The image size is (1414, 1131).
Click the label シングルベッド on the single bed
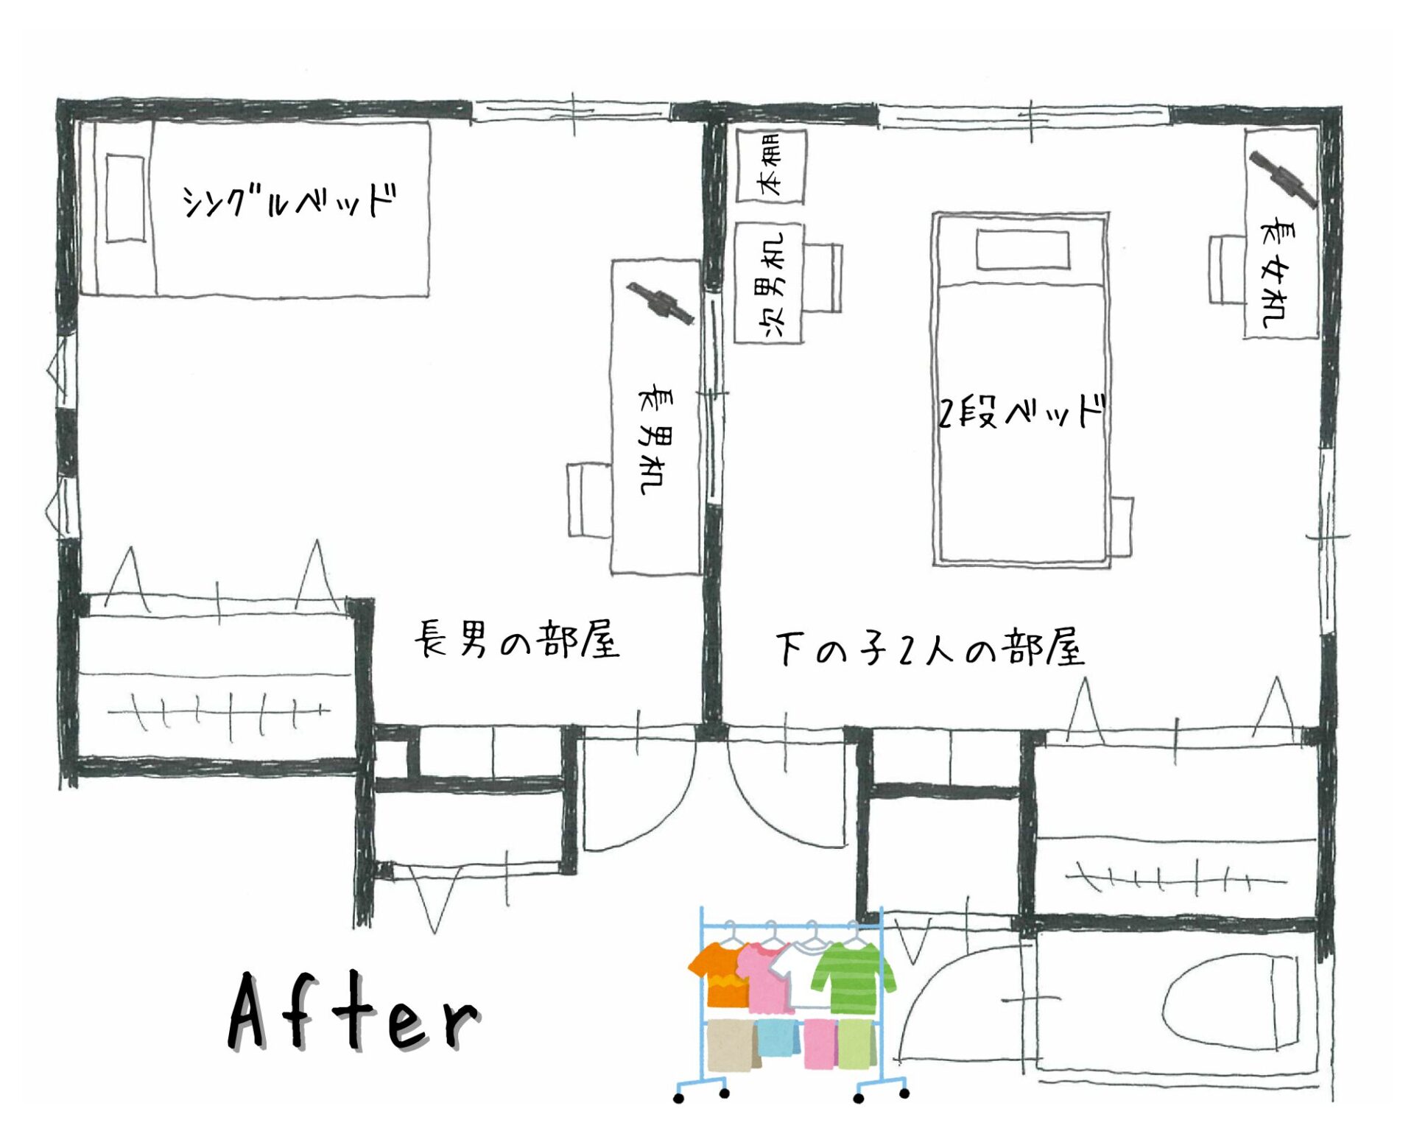click(289, 200)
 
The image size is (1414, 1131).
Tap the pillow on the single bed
click(125, 198)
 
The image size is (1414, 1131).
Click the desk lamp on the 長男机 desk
click(661, 303)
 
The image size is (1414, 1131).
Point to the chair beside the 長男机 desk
click(589, 500)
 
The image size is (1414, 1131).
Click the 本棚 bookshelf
click(770, 166)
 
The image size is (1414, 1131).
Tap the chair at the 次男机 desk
click(823, 278)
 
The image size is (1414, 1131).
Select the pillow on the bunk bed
click(1023, 250)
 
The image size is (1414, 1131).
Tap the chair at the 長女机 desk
click(1226, 269)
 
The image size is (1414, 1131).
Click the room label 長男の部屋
click(517, 639)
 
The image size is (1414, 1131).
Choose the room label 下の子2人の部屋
click(930, 648)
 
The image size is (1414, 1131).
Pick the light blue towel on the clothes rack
click(778, 1037)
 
